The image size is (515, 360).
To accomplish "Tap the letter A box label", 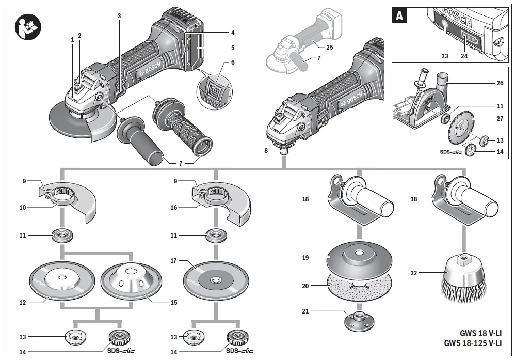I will (x=399, y=16).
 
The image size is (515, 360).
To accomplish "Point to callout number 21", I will (x=306, y=311).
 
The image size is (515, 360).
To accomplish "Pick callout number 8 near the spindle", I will (x=266, y=151).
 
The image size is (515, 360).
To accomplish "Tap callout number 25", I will (x=330, y=47).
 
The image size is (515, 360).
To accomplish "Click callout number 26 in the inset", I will (x=500, y=83).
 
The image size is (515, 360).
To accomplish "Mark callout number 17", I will (x=173, y=261).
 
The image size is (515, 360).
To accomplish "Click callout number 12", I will (x=23, y=303).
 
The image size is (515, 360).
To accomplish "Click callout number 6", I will (x=233, y=62).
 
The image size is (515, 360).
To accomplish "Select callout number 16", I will (x=173, y=207).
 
